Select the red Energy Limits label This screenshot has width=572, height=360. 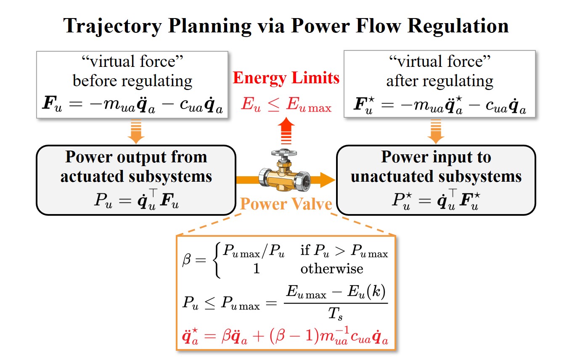286,78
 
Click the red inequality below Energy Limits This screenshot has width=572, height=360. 286,105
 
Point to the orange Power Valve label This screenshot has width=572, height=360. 286,204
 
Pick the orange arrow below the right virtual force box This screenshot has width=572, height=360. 435,131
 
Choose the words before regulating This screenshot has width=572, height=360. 132,80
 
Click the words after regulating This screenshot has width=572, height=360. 440,80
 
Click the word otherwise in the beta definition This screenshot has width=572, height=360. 331,268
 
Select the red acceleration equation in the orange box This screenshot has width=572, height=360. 286,336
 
